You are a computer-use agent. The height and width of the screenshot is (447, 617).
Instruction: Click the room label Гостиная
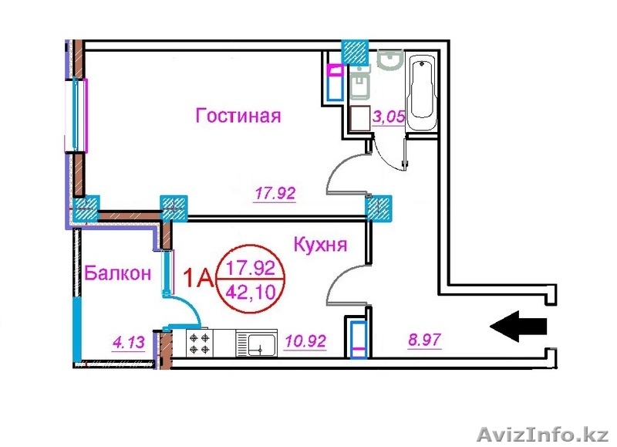click(238, 116)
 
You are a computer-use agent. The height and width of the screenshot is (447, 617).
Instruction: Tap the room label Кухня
click(321, 245)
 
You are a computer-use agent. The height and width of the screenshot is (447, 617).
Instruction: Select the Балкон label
click(118, 273)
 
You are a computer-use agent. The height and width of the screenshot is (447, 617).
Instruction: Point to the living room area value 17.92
click(275, 193)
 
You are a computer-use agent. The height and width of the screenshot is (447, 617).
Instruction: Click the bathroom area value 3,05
click(389, 117)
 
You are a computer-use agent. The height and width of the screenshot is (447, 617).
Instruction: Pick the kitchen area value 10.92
click(305, 340)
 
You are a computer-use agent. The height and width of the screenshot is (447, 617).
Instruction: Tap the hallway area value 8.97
click(425, 340)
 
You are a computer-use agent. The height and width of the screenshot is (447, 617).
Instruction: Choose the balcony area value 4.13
click(128, 342)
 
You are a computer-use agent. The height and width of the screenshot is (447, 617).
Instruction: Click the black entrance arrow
click(518, 326)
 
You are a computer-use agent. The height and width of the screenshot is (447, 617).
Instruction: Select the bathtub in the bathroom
click(422, 93)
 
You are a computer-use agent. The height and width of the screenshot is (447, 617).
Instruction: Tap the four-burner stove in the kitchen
click(200, 344)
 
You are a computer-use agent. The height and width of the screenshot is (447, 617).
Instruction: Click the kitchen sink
click(256, 344)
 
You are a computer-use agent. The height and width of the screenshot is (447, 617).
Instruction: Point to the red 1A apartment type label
click(199, 279)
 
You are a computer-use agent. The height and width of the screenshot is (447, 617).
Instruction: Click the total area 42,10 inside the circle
click(251, 293)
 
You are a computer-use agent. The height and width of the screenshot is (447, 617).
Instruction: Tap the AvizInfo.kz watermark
click(544, 435)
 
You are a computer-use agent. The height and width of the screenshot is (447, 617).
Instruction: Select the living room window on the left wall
click(77, 114)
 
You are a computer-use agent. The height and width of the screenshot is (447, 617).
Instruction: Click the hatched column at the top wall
click(355, 52)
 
